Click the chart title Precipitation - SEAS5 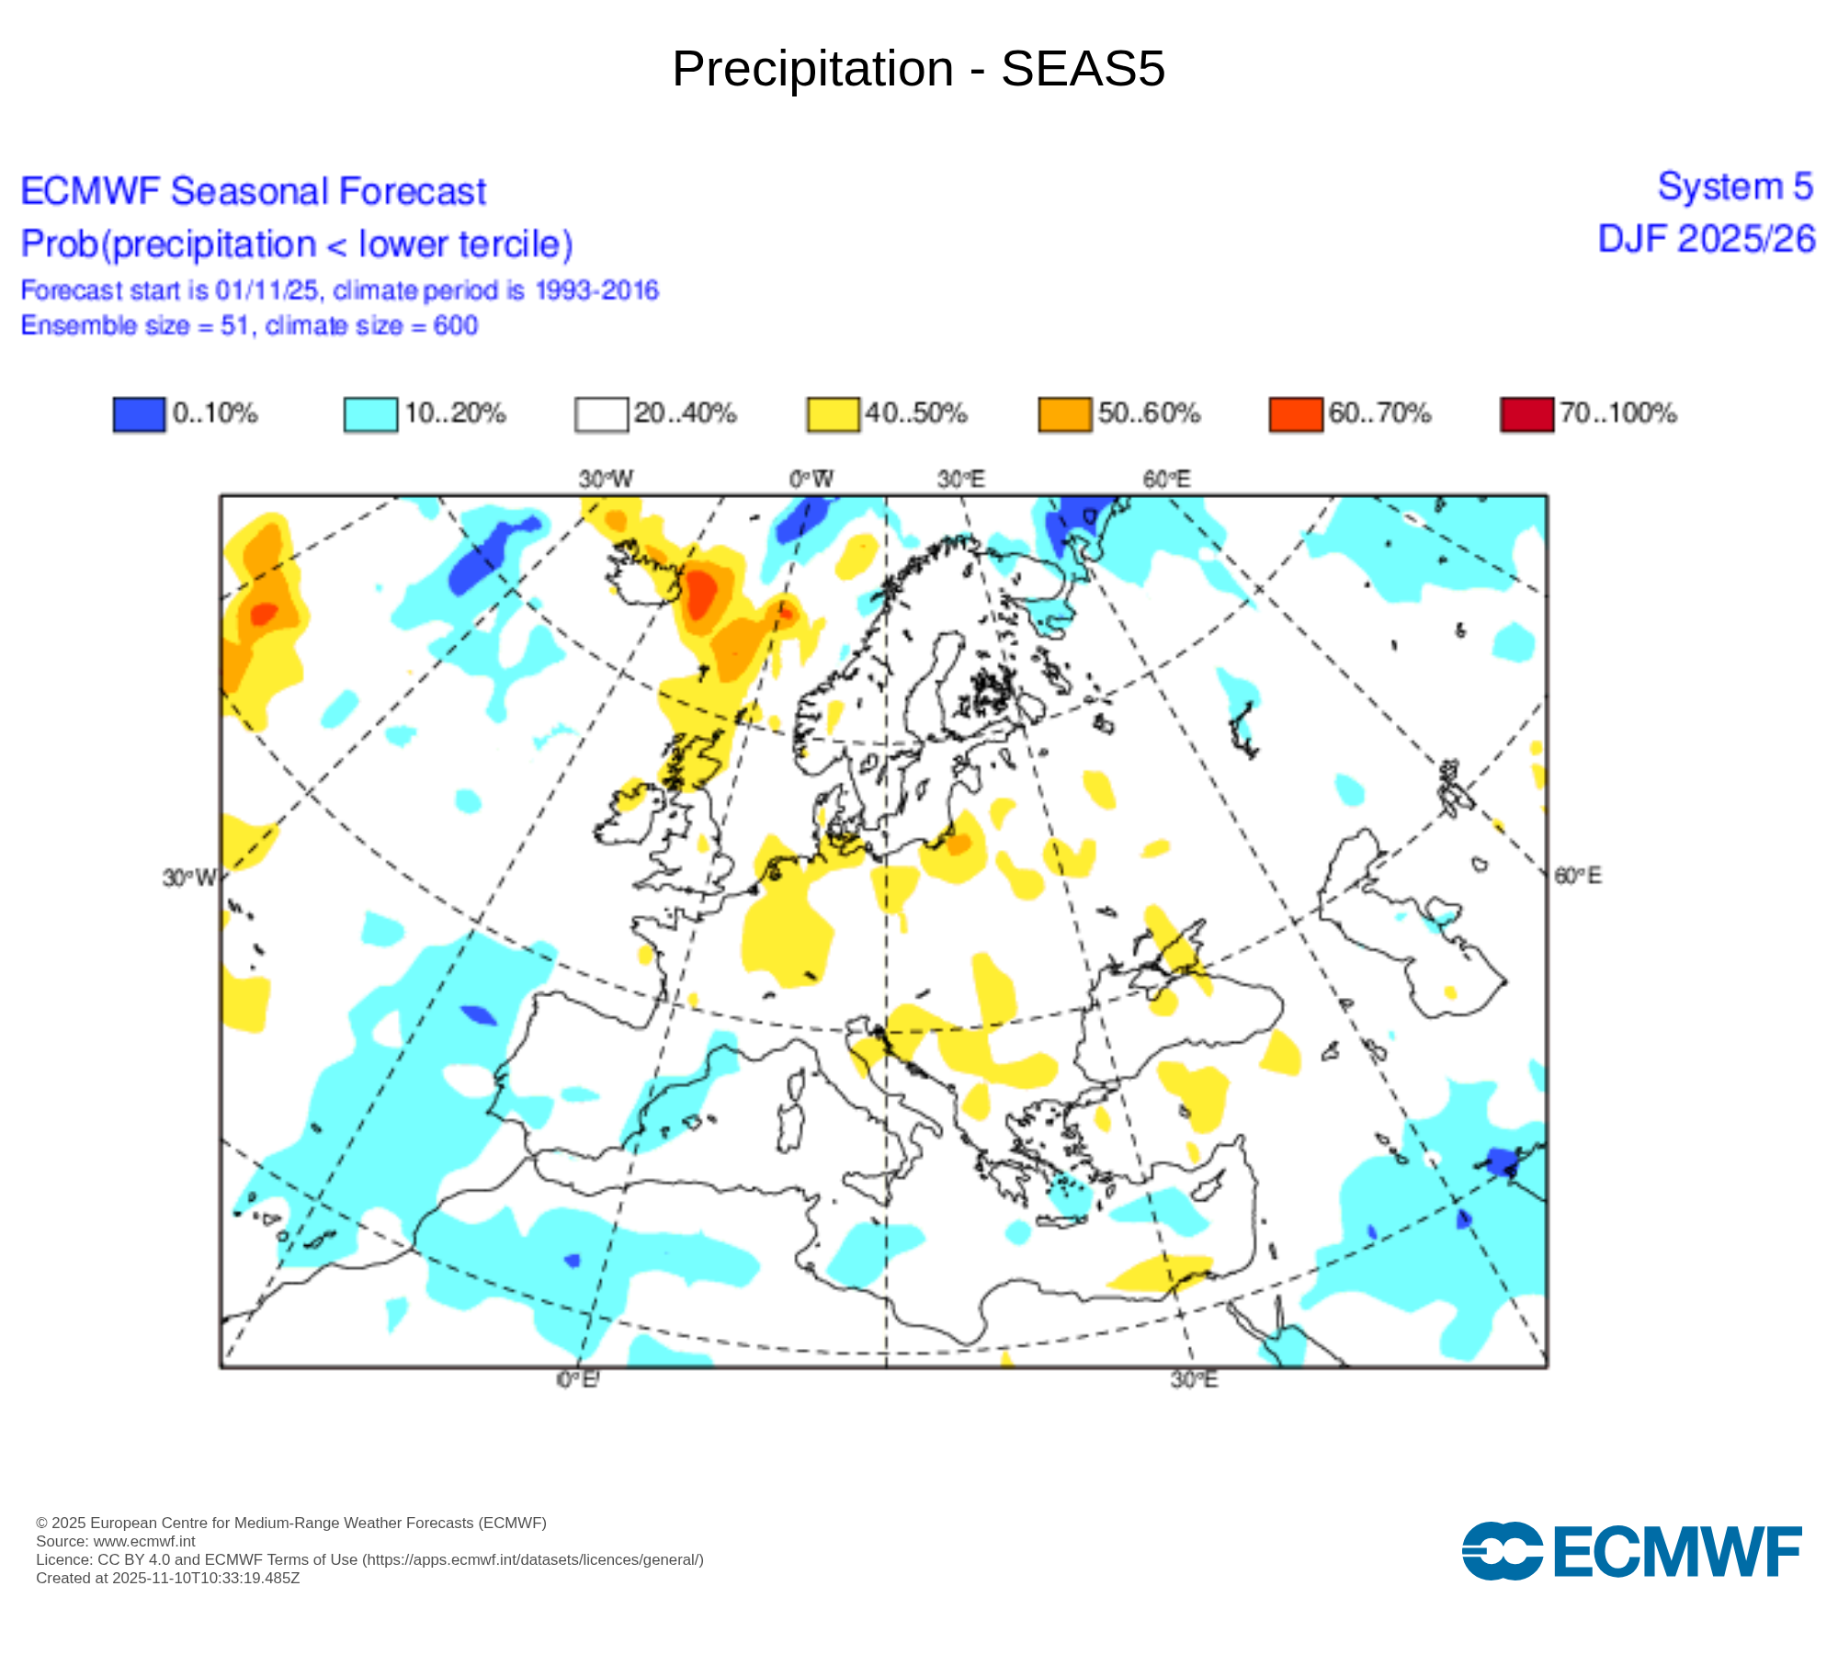918,69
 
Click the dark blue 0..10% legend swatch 139,414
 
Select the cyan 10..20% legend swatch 370,414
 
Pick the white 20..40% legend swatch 601,414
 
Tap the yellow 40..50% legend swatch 833,414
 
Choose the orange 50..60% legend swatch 1064,414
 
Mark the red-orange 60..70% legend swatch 1295,414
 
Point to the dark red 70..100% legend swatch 1526,414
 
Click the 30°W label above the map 606,479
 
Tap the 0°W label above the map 811,479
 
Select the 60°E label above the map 1166,479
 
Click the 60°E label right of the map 1577,876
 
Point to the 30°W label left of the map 189,878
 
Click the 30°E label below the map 1194,1380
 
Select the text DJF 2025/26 1707,239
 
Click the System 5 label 1735,187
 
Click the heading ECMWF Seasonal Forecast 253,192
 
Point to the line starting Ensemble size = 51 249,326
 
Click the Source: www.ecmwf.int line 116,1542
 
